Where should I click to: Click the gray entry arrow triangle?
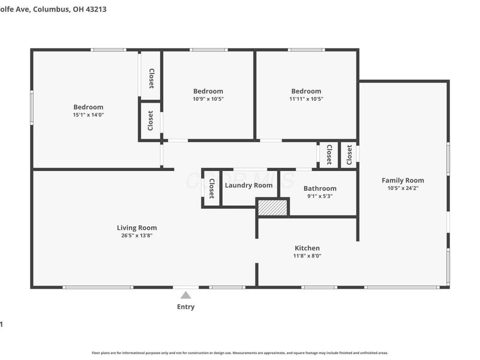186,295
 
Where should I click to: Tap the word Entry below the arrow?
186,307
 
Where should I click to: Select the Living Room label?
137,227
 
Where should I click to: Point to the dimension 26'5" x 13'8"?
137,236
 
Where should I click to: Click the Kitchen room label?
307,248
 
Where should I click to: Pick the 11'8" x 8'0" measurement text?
307,256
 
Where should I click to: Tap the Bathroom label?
320,188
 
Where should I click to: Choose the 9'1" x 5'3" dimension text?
320,196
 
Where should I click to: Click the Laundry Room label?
248,185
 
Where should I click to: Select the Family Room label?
403,180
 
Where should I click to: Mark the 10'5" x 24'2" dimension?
403,188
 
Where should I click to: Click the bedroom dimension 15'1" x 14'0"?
88,115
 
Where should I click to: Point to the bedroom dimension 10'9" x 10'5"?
208,99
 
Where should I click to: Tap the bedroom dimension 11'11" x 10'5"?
306,99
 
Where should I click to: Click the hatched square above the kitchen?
273,207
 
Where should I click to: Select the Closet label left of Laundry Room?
211,189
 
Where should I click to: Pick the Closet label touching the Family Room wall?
349,155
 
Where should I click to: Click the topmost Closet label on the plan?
151,78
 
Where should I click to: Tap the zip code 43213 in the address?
94,10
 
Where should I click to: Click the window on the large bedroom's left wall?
32,109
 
